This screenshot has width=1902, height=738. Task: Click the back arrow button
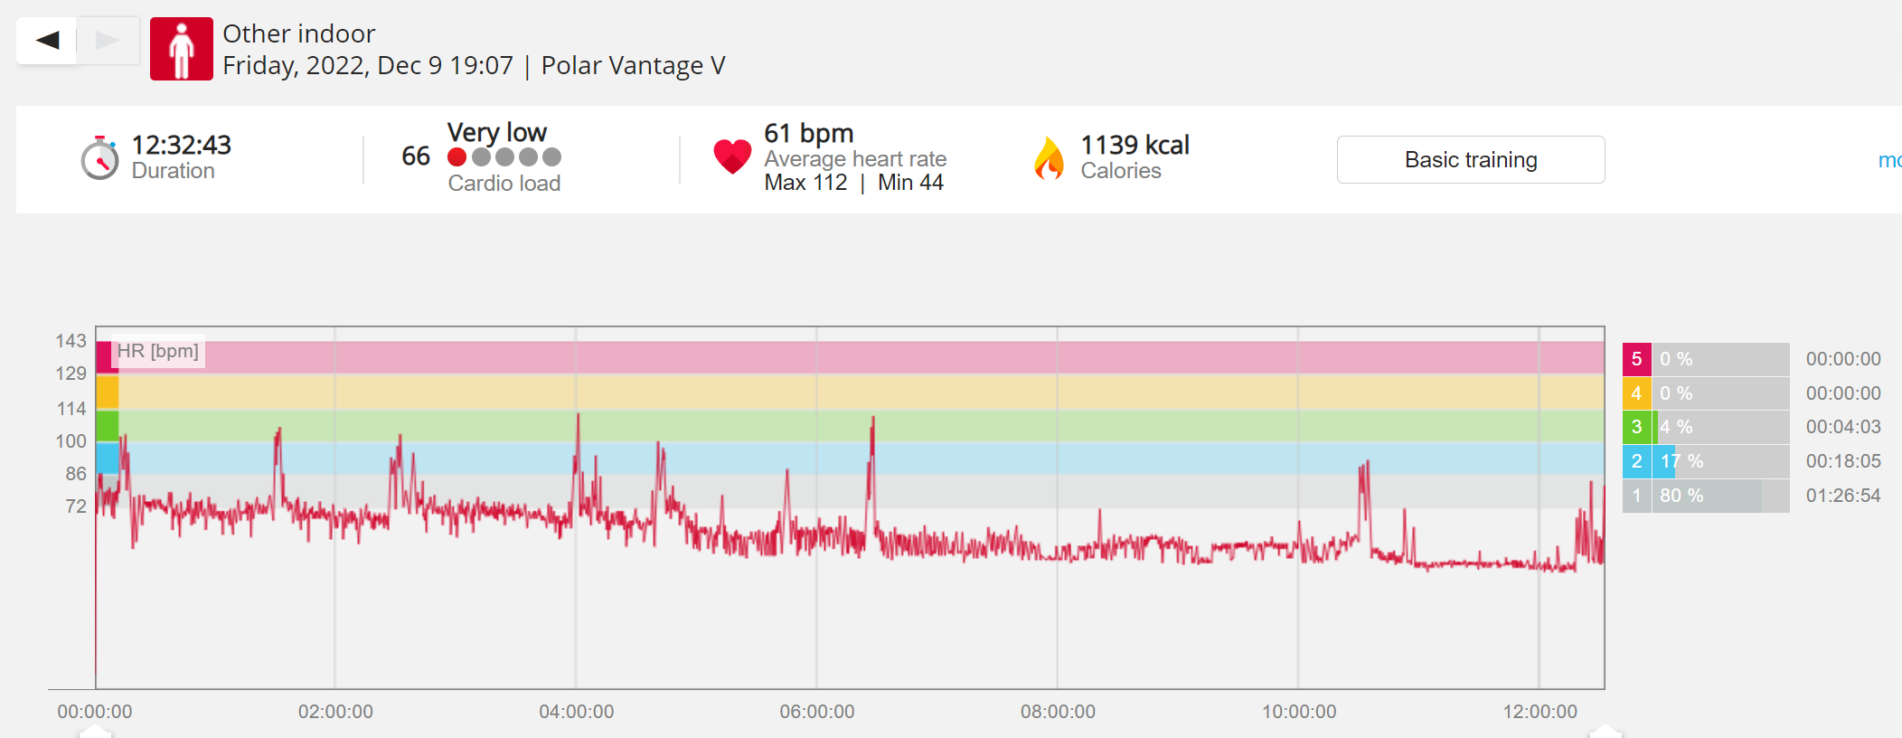(47, 40)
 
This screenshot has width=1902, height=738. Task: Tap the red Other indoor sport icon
(182, 49)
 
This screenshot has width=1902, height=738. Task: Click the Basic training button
(1471, 160)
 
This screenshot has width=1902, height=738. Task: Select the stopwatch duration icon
(99, 158)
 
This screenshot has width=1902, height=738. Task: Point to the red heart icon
(732, 156)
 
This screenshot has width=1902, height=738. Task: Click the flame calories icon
(1049, 158)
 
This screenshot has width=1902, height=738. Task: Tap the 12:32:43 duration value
(182, 145)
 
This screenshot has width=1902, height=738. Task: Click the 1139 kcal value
(1135, 145)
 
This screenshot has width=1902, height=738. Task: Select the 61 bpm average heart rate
(809, 133)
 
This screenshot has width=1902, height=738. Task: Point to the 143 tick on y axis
(71, 341)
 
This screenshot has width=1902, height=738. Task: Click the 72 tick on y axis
(76, 506)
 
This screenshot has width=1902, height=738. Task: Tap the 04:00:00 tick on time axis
(577, 712)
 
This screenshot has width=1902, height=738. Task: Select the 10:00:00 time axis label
(1299, 712)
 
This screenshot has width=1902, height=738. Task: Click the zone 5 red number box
(1637, 359)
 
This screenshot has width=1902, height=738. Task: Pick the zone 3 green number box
(1637, 427)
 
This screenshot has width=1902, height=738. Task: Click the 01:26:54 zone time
(1843, 496)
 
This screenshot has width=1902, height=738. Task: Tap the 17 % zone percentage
(1681, 461)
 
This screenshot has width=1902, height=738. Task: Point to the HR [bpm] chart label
(158, 351)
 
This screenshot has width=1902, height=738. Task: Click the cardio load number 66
(416, 156)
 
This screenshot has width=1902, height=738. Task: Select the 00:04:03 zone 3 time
(1843, 427)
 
